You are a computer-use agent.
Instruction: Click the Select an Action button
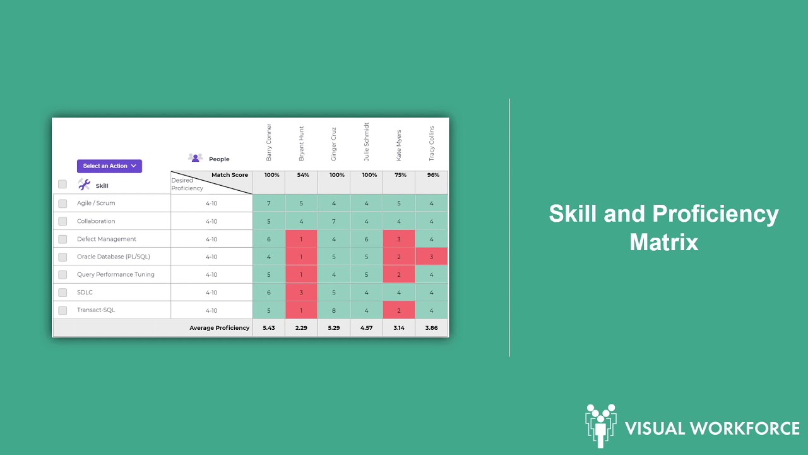pos(109,166)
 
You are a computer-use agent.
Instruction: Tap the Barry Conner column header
pos(269,142)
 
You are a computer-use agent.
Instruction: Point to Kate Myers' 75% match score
pos(399,175)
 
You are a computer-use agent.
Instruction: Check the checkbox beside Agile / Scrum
pos(62,203)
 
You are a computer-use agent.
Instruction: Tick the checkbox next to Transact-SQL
pos(62,310)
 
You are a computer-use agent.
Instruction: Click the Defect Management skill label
pos(107,239)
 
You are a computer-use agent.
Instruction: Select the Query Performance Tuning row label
pos(116,274)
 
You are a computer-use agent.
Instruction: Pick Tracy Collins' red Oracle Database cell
pos(432,257)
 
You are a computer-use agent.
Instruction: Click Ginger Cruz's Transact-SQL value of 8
pos(334,310)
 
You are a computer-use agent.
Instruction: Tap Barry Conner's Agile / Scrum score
pos(269,203)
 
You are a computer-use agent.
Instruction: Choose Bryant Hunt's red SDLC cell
pos(302,292)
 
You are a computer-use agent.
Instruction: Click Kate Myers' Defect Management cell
pos(399,239)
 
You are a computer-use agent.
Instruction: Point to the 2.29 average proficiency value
pos(302,328)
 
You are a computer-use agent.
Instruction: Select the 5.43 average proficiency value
pos(269,328)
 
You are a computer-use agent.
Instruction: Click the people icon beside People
pos(196,158)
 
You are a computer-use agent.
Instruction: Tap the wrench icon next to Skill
pos(84,185)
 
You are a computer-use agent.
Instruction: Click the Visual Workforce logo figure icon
pos(600,425)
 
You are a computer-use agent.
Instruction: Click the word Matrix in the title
pos(663,242)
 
